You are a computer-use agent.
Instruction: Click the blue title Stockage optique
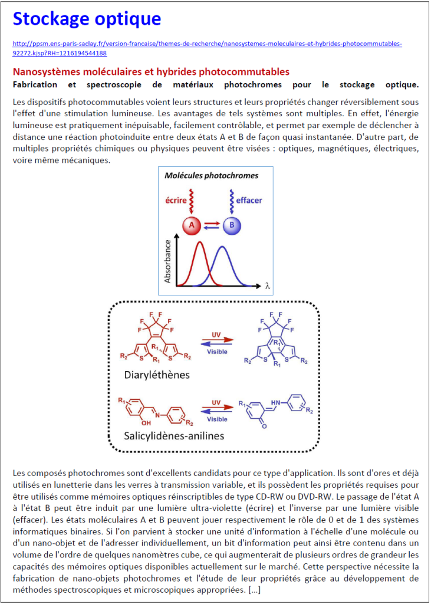point(87,19)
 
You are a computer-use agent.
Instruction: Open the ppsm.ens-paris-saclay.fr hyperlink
point(207,48)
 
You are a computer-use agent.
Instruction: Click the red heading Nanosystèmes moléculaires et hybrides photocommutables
point(151,72)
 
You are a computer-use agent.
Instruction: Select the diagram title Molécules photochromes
point(211,175)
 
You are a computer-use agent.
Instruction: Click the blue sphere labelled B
point(231,225)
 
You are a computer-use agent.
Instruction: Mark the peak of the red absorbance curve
point(199,242)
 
